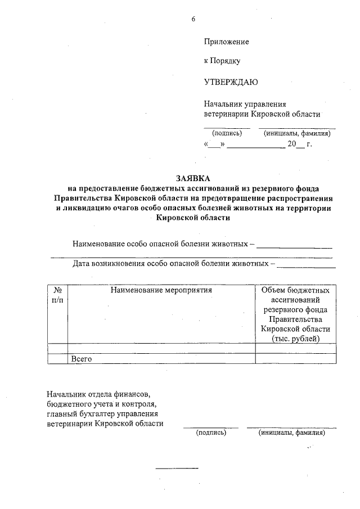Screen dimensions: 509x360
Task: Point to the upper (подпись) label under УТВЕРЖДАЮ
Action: click(x=226, y=133)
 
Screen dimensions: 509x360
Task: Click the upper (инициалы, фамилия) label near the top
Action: click(x=297, y=133)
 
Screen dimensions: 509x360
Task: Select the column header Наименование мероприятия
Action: click(x=161, y=291)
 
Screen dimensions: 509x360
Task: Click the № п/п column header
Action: click(x=57, y=296)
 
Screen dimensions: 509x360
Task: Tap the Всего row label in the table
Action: click(x=80, y=358)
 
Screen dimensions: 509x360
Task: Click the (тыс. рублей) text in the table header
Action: click(x=295, y=339)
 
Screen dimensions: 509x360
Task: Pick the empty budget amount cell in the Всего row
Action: click(x=295, y=358)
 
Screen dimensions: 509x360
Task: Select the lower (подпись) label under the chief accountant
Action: click(x=210, y=433)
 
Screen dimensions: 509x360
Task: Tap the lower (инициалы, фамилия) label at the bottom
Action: click(x=291, y=433)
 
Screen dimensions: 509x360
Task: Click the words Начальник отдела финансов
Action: click(x=100, y=394)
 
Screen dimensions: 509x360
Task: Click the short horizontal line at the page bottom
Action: click(x=177, y=468)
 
